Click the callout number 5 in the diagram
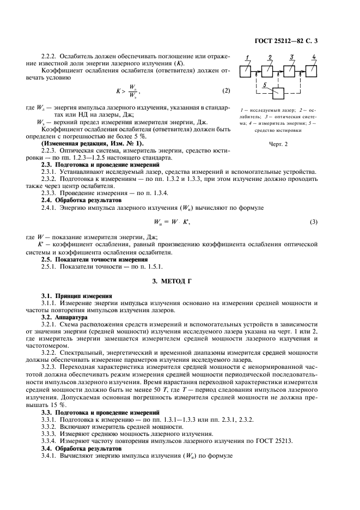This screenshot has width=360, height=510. tap(265, 86)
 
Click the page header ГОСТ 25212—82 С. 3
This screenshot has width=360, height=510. tap(293, 40)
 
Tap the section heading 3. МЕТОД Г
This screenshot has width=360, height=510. tap(180, 281)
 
